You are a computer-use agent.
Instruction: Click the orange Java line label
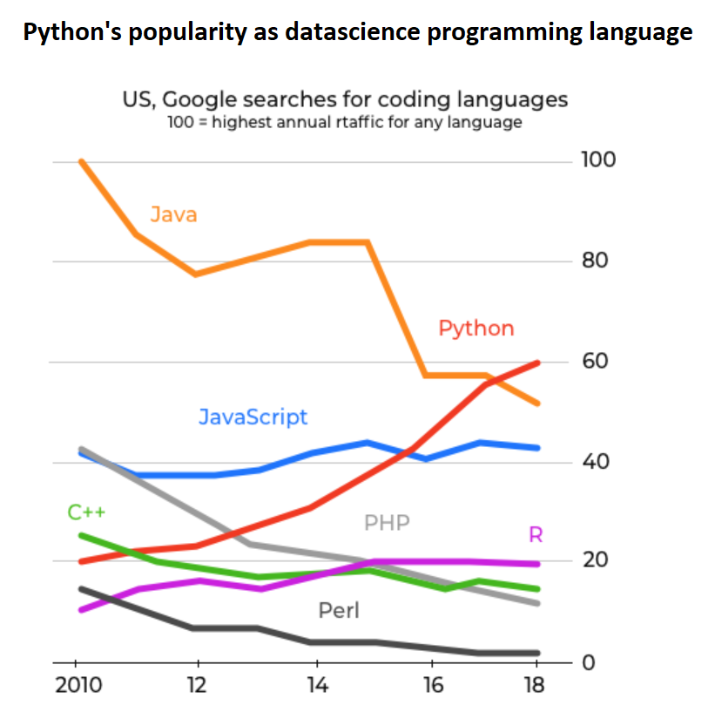point(173,214)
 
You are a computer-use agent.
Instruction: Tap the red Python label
point(476,329)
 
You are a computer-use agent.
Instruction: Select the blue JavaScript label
point(253,417)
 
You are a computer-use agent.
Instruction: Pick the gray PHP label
point(387,523)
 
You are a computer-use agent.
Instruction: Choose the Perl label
point(339,610)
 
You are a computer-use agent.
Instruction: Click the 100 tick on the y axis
point(597,160)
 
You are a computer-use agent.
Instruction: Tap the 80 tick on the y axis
point(597,261)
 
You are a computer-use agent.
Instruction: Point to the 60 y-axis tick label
point(597,361)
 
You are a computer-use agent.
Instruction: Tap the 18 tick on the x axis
point(534,685)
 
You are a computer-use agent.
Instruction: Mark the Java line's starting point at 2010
point(80,161)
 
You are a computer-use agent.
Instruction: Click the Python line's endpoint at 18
point(538,363)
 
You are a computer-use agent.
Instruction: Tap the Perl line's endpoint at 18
point(538,653)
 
